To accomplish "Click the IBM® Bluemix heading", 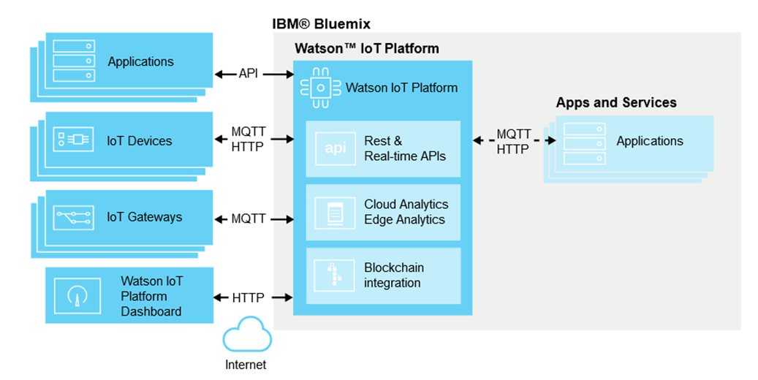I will pos(321,23).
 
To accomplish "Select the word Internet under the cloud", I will pos(246,365).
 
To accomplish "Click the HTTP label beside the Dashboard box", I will pos(249,297).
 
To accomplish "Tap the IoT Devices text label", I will pos(139,140).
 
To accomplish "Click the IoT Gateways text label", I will pos(144,217).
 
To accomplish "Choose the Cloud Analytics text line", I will pos(406,205).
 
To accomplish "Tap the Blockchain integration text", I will pos(393,275).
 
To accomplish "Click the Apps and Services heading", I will pos(616,102).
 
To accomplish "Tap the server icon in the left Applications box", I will pos(75,61).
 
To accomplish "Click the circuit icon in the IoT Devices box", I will pos(73,140).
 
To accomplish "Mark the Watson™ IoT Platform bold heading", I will pos(367,49).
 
